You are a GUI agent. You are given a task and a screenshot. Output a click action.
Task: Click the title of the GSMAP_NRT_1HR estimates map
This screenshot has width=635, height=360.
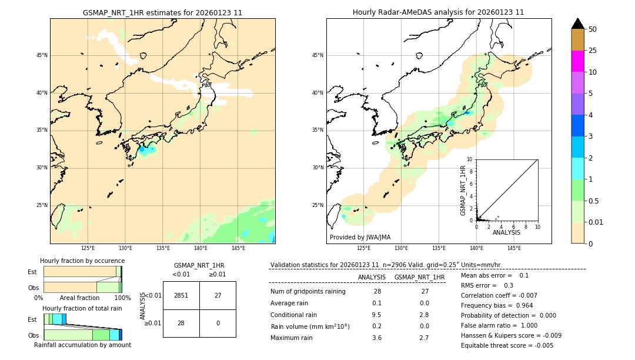(x=162, y=12)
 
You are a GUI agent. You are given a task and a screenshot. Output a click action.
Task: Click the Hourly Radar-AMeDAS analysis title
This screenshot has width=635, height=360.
(x=438, y=12)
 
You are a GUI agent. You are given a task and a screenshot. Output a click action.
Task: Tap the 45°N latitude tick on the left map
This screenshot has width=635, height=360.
(x=42, y=55)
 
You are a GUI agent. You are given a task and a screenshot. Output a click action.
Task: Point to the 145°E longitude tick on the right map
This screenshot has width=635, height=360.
(x=514, y=248)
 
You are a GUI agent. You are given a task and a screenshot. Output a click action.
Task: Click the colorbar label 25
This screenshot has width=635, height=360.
(x=593, y=51)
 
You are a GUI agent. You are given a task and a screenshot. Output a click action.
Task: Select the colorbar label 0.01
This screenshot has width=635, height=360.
(x=596, y=222)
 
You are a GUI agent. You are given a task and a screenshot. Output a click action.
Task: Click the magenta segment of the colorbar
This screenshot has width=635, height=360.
(x=577, y=61)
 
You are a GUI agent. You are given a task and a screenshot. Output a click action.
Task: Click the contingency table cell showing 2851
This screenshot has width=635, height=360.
(x=181, y=295)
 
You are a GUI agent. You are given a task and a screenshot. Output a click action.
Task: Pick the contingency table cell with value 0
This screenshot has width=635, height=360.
(x=218, y=323)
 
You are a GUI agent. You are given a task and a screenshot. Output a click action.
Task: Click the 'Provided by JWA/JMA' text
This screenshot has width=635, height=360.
(x=360, y=238)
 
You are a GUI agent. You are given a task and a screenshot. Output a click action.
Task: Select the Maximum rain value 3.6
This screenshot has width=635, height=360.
(x=377, y=338)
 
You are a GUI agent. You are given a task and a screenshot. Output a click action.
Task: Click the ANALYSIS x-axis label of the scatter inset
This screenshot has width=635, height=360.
(x=506, y=232)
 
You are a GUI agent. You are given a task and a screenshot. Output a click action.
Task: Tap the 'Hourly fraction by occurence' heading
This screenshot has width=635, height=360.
(x=82, y=261)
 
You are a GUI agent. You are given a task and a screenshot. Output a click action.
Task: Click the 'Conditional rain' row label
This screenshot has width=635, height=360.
(x=293, y=315)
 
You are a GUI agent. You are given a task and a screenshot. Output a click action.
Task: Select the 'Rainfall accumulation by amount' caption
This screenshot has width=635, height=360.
(x=82, y=345)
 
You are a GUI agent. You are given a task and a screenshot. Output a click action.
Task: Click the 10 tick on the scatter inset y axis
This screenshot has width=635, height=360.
(x=469, y=159)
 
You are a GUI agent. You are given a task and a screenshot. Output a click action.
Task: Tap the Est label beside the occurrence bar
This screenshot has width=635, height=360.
(x=32, y=272)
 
